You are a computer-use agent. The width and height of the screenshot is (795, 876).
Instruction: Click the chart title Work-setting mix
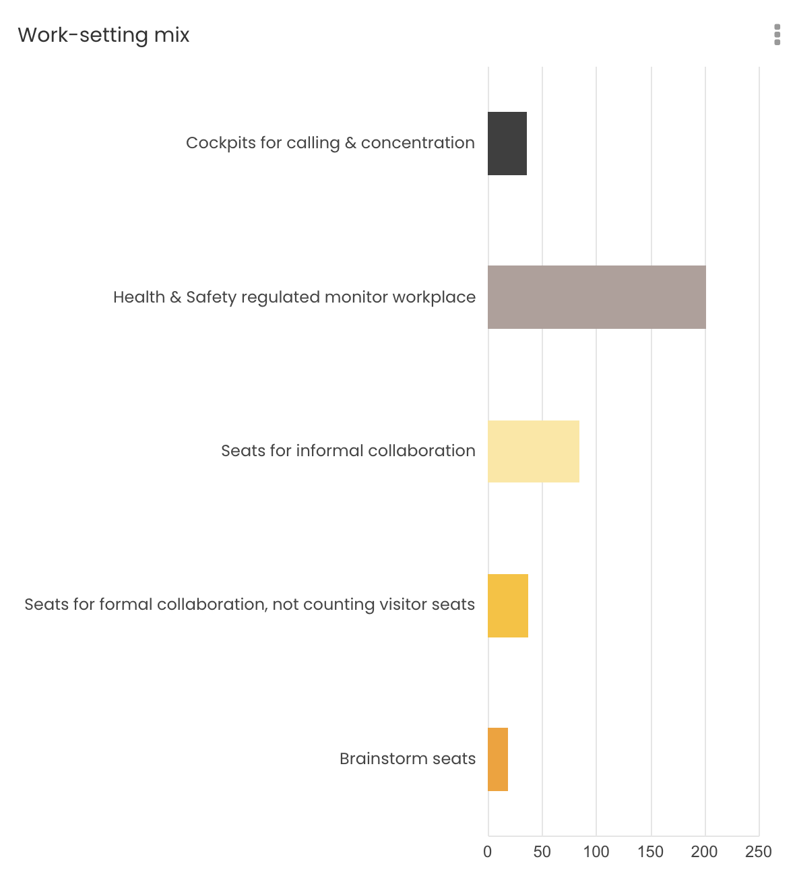click(104, 35)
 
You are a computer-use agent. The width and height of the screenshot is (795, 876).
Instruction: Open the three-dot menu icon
click(777, 34)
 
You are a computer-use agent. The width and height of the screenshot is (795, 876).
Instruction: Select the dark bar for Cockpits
click(507, 144)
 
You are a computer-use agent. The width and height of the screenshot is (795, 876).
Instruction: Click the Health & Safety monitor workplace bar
click(597, 297)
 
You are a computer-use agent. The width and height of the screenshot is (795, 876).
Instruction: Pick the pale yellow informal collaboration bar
click(534, 451)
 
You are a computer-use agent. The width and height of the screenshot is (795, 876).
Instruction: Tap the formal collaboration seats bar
click(508, 605)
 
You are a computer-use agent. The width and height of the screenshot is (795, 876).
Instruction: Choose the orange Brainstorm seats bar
click(498, 759)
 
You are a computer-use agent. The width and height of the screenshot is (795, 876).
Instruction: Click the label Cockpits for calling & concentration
click(330, 143)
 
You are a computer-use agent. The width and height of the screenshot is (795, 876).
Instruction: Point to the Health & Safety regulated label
click(294, 297)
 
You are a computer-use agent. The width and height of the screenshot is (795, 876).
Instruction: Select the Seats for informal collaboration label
click(348, 451)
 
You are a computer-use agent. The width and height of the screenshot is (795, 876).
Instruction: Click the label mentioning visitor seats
click(249, 604)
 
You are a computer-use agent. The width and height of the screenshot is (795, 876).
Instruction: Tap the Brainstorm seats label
click(408, 759)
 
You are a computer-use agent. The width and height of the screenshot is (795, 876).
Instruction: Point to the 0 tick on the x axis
click(488, 852)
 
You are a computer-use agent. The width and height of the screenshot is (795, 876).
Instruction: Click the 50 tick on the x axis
click(542, 852)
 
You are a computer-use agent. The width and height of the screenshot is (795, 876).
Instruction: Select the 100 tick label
click(596, 852)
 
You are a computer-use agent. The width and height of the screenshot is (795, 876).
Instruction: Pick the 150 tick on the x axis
click(651, 852)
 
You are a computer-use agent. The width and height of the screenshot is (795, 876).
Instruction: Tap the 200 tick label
click(705, 852)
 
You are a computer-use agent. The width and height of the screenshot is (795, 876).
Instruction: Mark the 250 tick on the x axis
click(759, 852)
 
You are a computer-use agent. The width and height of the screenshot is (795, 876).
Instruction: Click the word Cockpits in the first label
click(220, 143)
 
